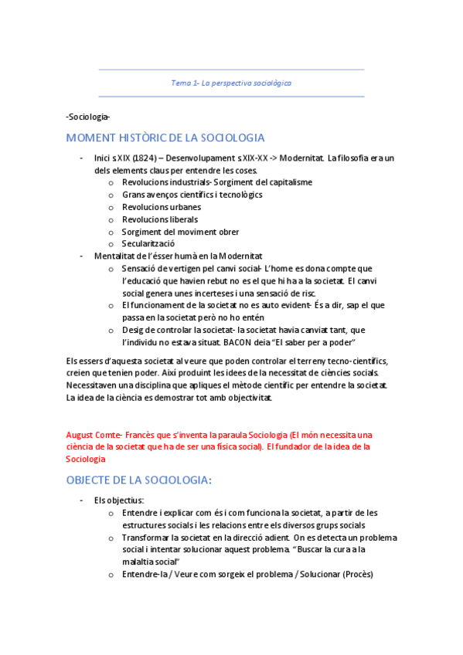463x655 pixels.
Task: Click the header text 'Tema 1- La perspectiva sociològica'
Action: click(231, 82)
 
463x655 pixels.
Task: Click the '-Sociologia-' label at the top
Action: click(89, 117)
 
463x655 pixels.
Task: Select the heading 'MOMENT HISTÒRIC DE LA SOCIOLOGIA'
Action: click(165, 138)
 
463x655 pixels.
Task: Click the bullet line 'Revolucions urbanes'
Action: click(161, 207)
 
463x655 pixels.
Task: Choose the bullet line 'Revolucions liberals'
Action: click(159, 219)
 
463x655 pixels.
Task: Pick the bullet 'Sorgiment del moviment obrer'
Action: click(180, 232)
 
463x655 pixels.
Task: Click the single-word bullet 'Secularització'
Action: click(148, 244)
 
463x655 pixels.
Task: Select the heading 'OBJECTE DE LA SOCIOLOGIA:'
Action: click(139, 480)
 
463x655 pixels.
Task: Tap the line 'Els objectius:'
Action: click(119, 500)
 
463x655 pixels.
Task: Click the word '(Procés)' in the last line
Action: click(357, 574)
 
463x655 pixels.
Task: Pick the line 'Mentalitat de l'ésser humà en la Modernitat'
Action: click(179, 256)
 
